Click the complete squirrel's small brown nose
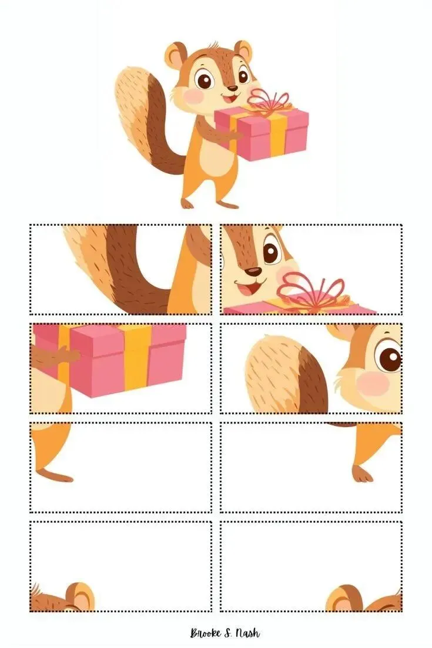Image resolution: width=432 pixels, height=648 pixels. [233, 88]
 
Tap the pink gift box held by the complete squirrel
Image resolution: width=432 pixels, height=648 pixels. [262, 132]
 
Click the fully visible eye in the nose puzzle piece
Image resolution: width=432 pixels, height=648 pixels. [272, 252]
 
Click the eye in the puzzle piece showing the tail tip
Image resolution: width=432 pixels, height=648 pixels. [390, 358]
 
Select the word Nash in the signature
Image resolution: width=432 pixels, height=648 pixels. [247, 633]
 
